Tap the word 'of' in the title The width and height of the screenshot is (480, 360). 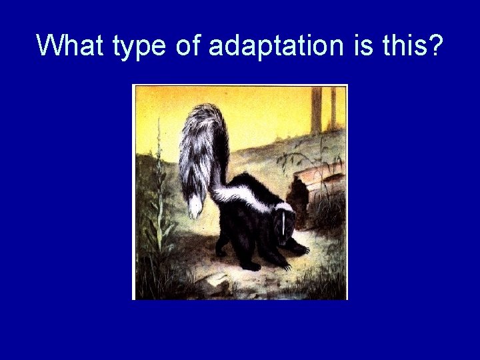(186, 45)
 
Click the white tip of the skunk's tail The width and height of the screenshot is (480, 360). (195, 206)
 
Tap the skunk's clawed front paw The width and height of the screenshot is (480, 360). (300, 249)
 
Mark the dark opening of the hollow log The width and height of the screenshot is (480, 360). (295, 197)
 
